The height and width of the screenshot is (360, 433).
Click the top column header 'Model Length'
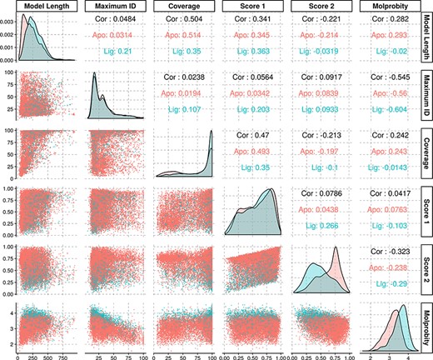pyautogui.click(x=45, y=7)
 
